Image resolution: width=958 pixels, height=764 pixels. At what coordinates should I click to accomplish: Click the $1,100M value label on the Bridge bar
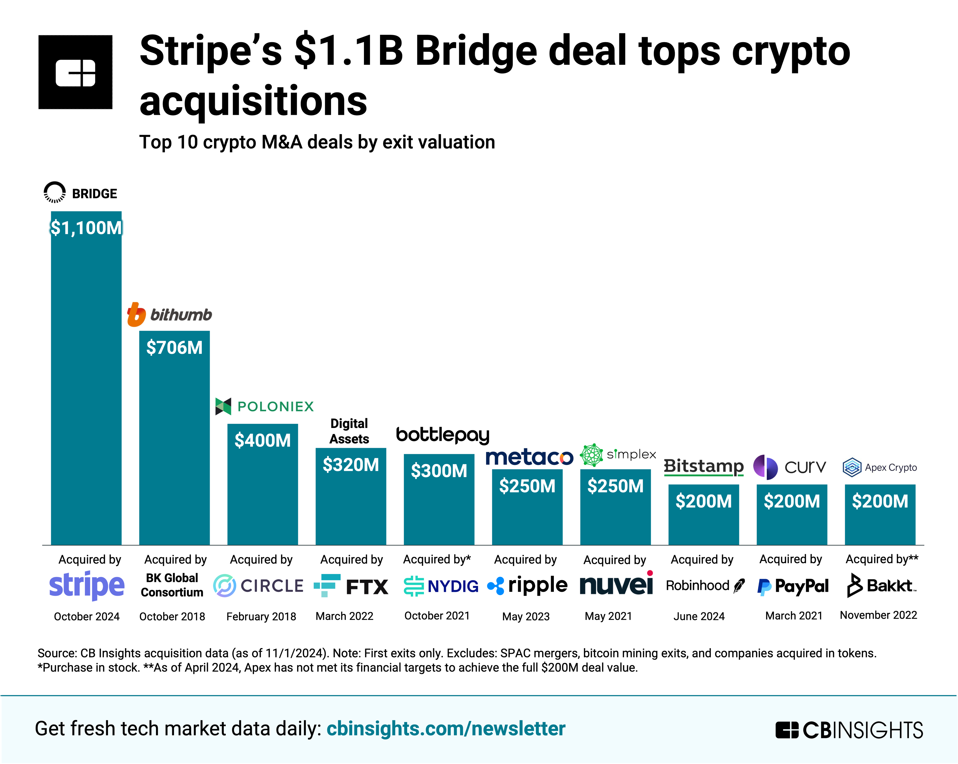tap(86, 228)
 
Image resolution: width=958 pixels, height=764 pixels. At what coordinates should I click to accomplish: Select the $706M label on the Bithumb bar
tap(174, 347)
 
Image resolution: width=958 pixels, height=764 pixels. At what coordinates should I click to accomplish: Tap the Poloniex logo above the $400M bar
tap(264, 406)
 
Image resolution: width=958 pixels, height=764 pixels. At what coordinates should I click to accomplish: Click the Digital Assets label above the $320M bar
tap(349, 431)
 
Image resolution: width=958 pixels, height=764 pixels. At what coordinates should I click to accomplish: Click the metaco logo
tap(529, 457)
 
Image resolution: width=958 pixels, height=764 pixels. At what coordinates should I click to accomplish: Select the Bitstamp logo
tap(703, 467)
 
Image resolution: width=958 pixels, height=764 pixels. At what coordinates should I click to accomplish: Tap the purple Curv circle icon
tap(765, 467)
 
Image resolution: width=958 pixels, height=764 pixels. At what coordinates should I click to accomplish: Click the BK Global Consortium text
tap(172, 585)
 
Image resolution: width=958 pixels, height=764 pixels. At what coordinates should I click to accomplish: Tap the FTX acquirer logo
tap(351, 586)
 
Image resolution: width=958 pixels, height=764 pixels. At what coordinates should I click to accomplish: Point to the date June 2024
tap(699, 616)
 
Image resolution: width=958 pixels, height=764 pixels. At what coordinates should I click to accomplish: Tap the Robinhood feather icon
tap(739, 586)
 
